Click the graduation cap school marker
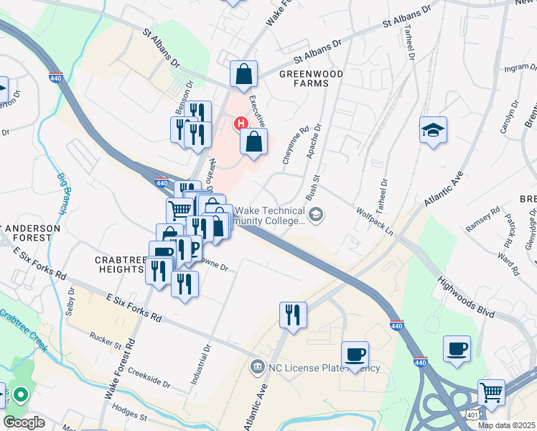433,131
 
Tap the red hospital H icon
242,124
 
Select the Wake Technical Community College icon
315,214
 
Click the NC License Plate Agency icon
257,368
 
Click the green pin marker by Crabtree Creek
21,395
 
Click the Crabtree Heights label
119,263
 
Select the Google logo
24,422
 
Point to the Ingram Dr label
520,69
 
